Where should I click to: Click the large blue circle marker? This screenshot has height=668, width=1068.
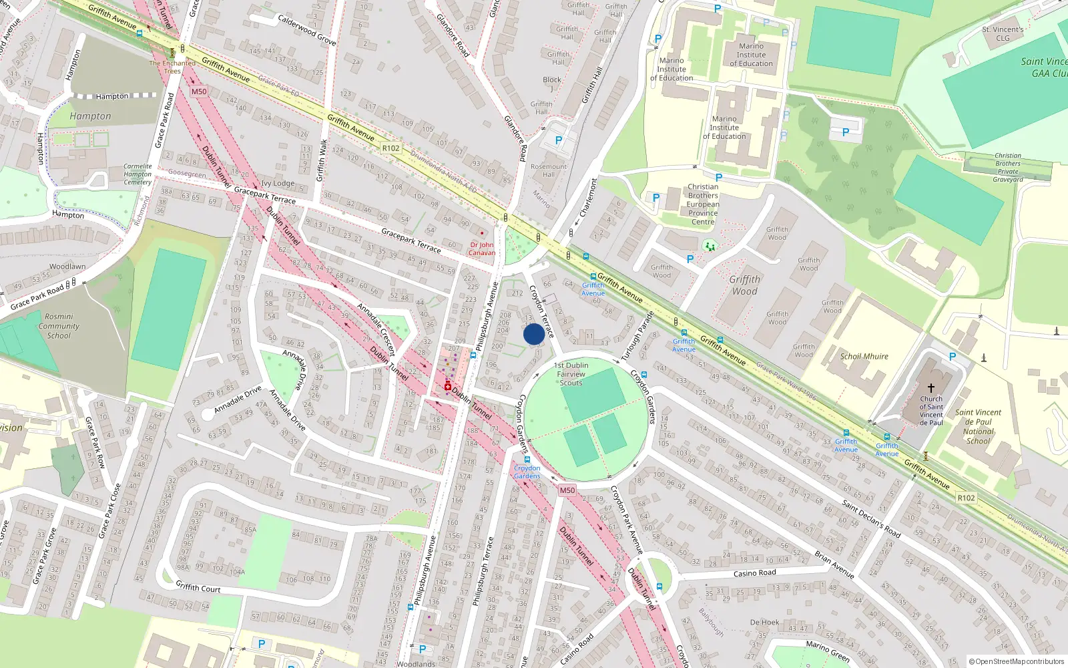(x=534, y=334)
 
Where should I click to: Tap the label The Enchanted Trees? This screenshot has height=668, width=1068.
(x=172, y=67)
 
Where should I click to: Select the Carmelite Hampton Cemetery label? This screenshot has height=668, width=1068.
(x=138, y=174)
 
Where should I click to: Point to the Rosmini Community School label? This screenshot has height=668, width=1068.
(x=59, y=326)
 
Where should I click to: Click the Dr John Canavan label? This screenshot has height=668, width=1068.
(x=482, y=248)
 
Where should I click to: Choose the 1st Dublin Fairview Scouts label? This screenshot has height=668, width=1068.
(x=571, y=374)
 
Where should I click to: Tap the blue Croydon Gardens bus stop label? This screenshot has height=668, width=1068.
(x=527, y=472)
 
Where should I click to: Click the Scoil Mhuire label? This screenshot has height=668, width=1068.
(x=864, y=357)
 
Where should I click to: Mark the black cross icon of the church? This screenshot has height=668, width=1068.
(x=931, y=387)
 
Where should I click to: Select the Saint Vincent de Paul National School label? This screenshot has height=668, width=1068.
(x=978, y=426)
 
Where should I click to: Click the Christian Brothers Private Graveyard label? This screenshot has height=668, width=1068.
(x=1008, y=167)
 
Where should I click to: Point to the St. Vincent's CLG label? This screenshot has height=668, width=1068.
(x=1003, y=33)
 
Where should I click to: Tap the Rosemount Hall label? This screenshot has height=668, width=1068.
(x=549, y=170)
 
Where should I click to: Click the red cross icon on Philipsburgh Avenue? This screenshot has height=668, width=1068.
(x=447, y=387)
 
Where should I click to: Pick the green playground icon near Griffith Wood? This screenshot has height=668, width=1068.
(x=710, y=246)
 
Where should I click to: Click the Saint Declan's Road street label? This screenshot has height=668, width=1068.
(x=871, y=518)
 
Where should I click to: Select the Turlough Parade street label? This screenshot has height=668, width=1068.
(x=637, y=337)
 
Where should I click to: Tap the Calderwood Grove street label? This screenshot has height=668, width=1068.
(x=306, y=30)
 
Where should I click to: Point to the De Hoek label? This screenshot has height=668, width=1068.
(x=764, y=623)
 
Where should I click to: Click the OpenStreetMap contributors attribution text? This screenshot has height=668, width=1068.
(x=1016, y=662)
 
